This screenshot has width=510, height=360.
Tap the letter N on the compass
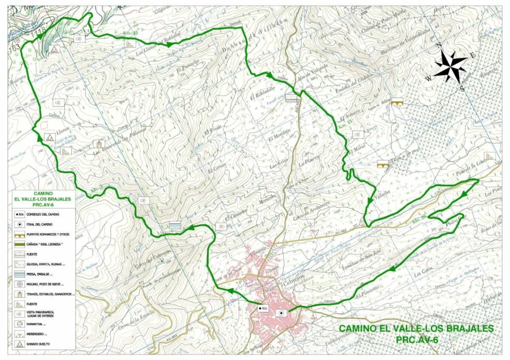tap(438, 46)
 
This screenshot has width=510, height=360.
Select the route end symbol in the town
tap(281, 312)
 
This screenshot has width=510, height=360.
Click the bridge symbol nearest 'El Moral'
tap(382, 164)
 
